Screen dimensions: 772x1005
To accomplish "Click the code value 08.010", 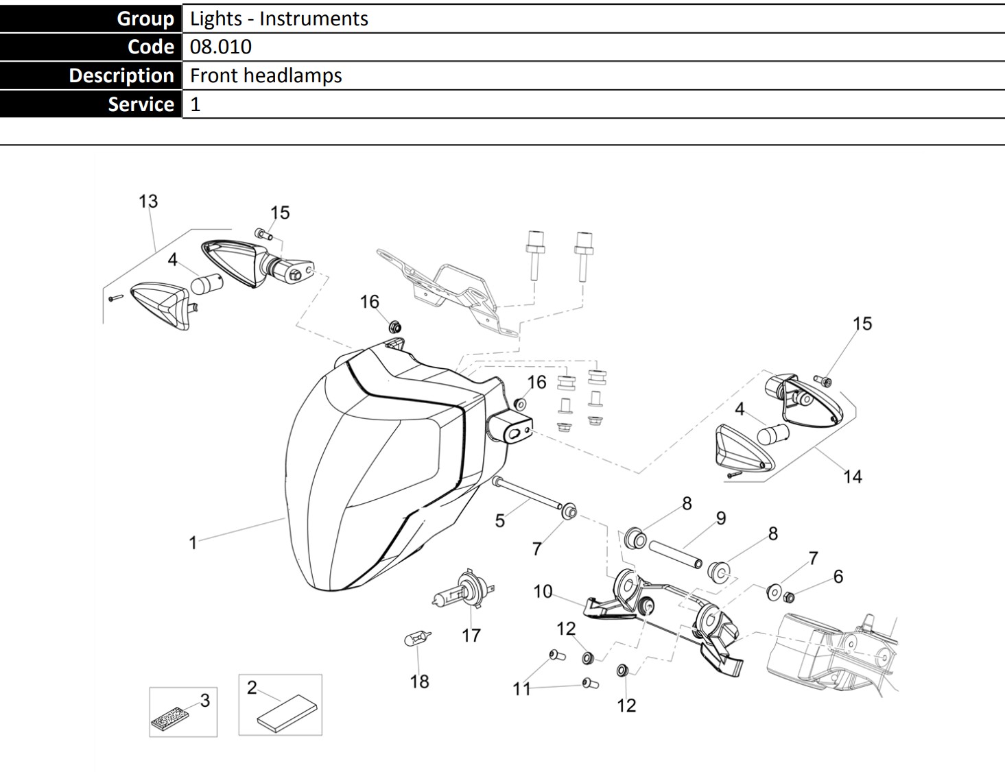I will point(221,47).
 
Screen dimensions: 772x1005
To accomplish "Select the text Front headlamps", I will point(265,75).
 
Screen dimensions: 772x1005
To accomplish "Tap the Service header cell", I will point(91,104).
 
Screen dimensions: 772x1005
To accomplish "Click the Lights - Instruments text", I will point(279,19).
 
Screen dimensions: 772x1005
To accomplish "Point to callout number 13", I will point(148,202).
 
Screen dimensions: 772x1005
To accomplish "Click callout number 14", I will point(852,477).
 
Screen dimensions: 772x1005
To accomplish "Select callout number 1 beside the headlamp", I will point(193,543).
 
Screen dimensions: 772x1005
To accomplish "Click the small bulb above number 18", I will point(417,639).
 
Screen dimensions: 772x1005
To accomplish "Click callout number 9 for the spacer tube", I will point(720,518).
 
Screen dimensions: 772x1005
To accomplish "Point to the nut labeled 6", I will point(789,596).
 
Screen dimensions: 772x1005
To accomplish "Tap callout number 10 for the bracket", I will point(543,591).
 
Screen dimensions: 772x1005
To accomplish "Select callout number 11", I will point(521,688).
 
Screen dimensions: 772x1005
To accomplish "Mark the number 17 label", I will point(471,636).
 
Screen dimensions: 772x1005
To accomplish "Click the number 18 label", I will point(419,681).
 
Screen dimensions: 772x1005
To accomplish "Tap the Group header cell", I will point(91,19).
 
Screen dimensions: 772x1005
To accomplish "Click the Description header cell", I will point(91,75).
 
